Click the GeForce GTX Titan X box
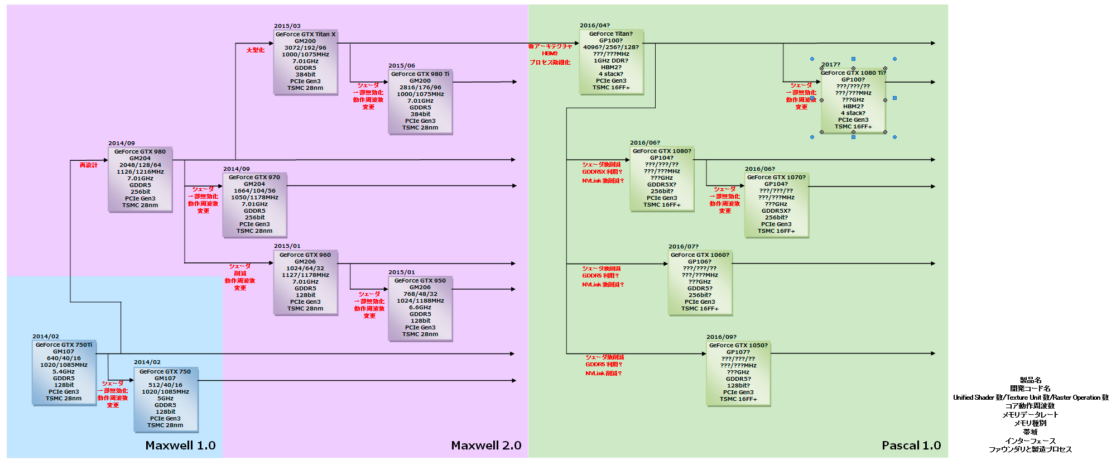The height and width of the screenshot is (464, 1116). coord(305,61)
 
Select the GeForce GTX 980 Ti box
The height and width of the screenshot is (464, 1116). coord(420,101)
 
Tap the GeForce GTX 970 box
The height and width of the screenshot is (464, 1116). coord(254,204)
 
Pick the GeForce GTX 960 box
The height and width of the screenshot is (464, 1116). coord(305,282)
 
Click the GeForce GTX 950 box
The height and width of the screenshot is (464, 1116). coord(420,308)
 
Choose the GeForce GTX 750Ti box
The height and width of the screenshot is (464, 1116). coord(64,372)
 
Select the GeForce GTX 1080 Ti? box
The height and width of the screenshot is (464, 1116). coord(853,100)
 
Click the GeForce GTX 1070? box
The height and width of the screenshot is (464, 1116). coord(776,204)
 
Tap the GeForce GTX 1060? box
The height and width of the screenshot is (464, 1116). coord(700,282)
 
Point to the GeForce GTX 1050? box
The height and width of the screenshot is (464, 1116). coord(738,372)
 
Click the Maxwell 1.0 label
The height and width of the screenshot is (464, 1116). coord(180,446)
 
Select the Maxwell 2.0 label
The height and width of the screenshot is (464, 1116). coord(486,446)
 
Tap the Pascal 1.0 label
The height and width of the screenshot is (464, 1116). coord(911,446)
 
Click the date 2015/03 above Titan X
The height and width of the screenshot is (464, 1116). coord(287,26)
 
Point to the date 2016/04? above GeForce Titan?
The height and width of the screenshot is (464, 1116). coord(595,26)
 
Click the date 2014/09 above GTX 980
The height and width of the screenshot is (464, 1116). coord(122,143)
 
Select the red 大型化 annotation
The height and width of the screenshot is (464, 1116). coord(256,50)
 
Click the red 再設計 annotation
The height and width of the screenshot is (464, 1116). coord(89,165)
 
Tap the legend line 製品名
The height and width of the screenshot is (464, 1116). coord(1030,380)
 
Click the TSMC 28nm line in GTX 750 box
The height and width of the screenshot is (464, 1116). coord(165,425)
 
